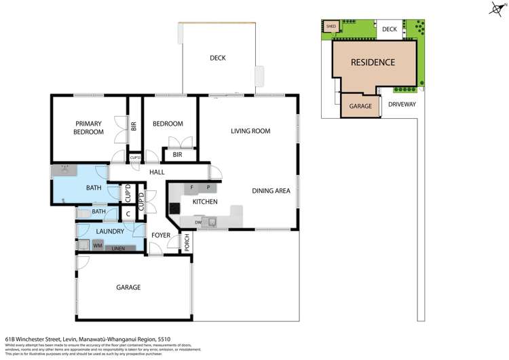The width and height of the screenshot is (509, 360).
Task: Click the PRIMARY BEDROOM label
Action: (x=89, y=128)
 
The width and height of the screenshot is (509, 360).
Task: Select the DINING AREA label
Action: (x=271, y=191)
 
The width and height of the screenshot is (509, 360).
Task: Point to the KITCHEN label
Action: (x=204, y=202)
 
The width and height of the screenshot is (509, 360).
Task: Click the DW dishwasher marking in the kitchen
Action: (x=197, y=221)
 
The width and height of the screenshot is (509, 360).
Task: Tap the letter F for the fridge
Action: (x=193, y=186)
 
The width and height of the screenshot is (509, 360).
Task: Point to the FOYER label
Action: (x=161, y=236)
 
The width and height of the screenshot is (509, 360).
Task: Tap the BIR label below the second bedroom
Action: (x=178, y=155)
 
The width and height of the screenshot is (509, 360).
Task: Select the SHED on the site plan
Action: (x=331, y=26)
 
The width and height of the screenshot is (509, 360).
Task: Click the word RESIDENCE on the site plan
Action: (x=373, y=62)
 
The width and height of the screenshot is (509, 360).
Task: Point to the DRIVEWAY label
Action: (x=402, y=105)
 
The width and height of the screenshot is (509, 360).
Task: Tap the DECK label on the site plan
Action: (x=389, y=29)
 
